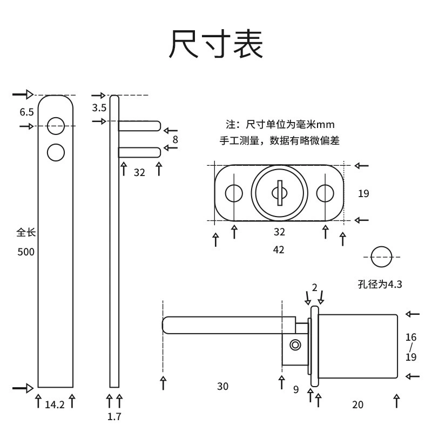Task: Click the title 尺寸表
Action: pos(215,44)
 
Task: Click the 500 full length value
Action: pos(26,252)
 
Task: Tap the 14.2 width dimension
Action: pos(55,404)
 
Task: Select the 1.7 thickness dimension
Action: pos(114,416)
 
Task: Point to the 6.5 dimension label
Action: pos(26,112)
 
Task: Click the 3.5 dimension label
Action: pos(99,107)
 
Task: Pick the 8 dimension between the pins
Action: pos(175,140)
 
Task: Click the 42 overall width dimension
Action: pos(279,249)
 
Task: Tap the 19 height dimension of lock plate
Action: pos(363,193)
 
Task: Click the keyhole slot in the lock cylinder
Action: pos(280,193)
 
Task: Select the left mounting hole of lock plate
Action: pos(234,193)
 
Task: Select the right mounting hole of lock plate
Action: pos(325,193)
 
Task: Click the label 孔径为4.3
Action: pos(380,284)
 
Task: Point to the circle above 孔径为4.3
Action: pos(381,246)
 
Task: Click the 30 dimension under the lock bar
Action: pos(222,386)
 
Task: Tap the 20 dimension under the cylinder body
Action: pos(357,404)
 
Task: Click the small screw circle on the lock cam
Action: pos(295,345)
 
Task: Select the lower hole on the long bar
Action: pos(56,152)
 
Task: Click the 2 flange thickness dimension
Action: pos(315,288)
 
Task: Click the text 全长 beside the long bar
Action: pos(26,233)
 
